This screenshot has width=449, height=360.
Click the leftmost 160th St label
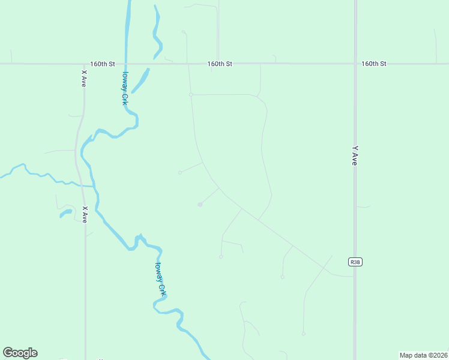coord(102,63)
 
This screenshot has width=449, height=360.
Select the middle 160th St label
coord(220,63)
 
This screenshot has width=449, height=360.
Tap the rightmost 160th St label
coord(373,63)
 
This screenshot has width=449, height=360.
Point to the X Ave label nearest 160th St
coord(84,79)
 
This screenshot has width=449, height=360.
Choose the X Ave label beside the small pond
coord(85,214)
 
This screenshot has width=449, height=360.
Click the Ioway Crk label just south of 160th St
coord(125,89)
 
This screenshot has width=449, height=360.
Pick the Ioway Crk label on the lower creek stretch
coord(160,279)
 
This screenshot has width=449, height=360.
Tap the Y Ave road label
coord(355,155)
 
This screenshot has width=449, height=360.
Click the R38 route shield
coord(355,262)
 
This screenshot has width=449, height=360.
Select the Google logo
coord(20,353)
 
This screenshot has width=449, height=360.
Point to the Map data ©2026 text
coord(423,355)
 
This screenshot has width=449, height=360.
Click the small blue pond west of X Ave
coord(65,212)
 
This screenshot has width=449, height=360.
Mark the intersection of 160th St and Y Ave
coord(355,63)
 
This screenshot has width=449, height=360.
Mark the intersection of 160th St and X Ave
coord(84,63)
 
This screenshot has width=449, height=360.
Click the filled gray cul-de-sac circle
coord(200,205)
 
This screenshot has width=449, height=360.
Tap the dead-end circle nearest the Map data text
coord(304,334)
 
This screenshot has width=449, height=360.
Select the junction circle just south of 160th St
coord(191,94)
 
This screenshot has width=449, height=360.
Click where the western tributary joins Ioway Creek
coord(94,187)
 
